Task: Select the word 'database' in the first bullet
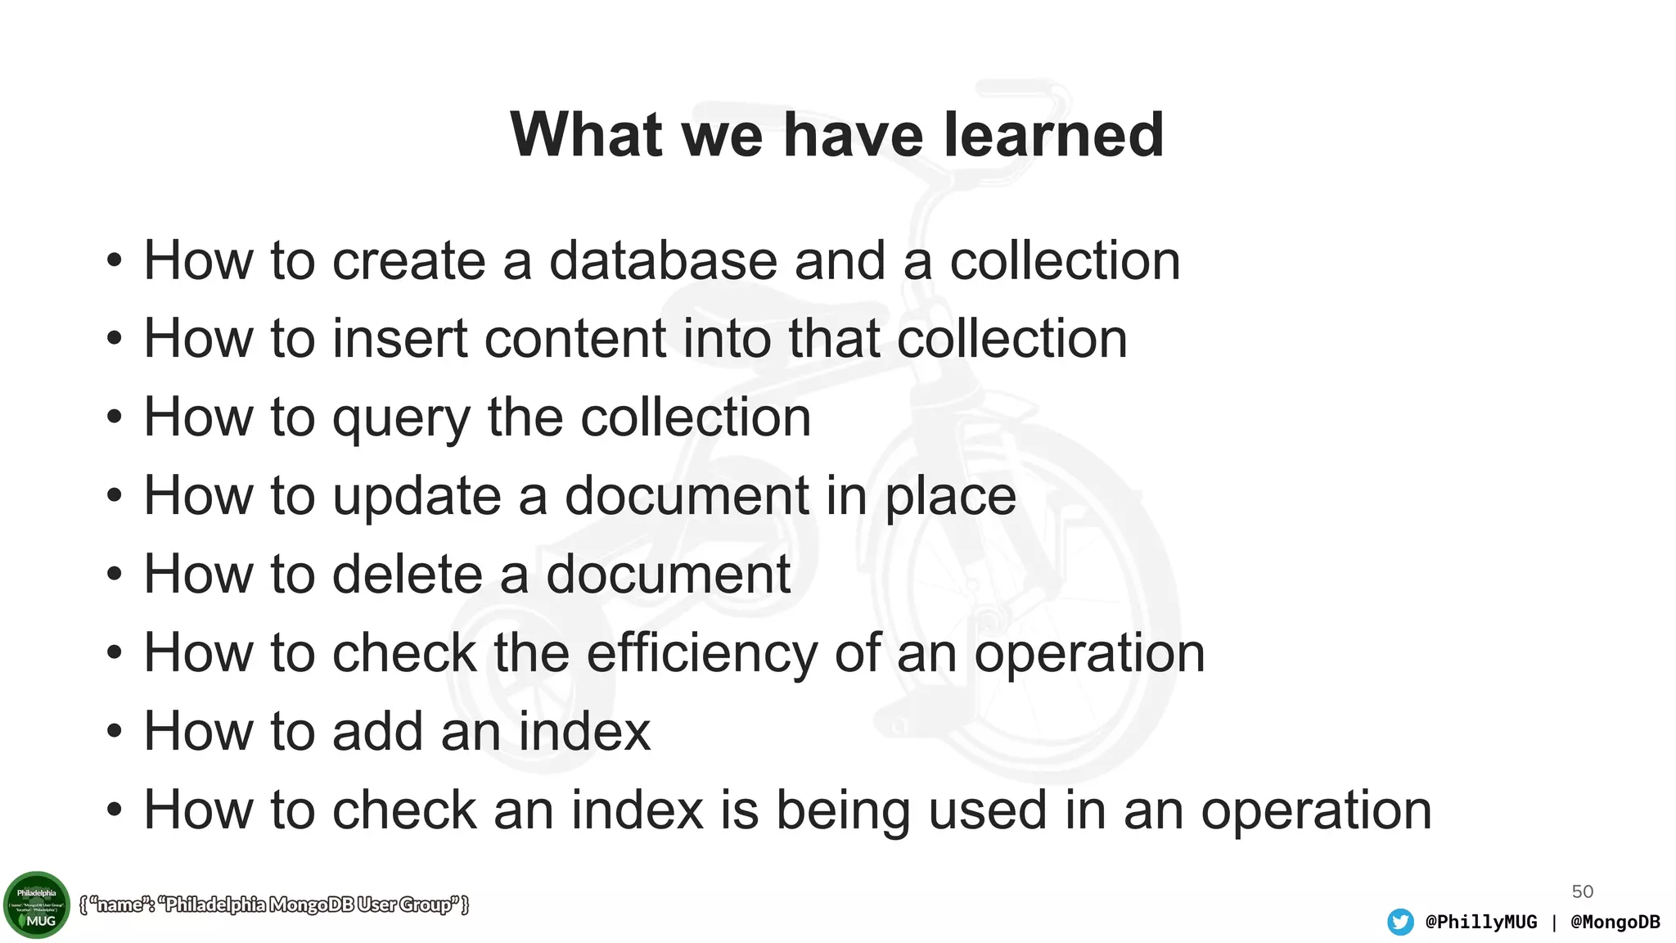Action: [x=663, y=261]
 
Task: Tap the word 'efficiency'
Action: [x=702, y=653]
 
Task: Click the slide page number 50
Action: [x=1582, y=891]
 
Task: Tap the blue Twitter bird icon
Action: [x=1400, y=922]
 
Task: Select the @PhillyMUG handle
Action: [x=1480, y=922]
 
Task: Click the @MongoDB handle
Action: [x=1615, y=922]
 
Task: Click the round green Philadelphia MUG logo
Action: [x=37, y=905]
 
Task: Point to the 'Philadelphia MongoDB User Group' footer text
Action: [x=274, y=905]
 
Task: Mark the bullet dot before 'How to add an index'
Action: [x=115, y=731]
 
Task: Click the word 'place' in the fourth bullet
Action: [x=950, y=497]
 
